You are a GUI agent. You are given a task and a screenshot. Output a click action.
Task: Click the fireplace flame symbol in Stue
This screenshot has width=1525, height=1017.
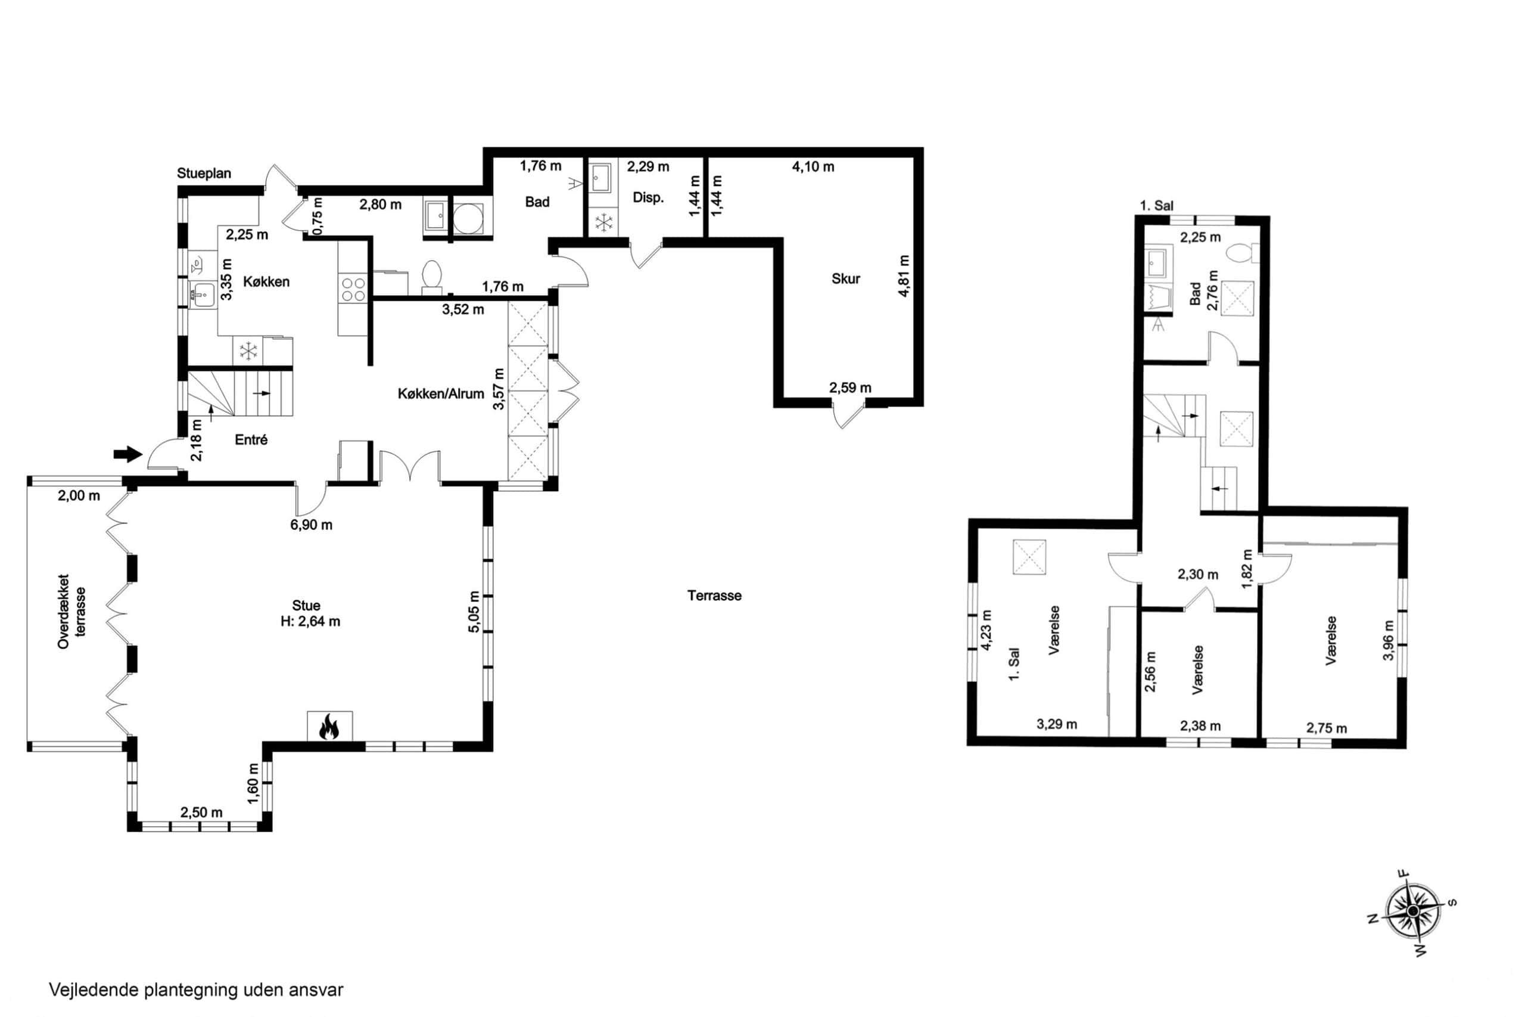pyautogui.click(x=329, y=727)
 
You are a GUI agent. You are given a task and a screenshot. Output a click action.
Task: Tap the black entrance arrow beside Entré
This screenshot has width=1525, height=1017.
pyautogui.click(x=127, y=454)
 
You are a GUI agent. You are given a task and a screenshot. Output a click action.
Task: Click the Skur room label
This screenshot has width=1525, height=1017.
pyautogui.click(x=846, y=279)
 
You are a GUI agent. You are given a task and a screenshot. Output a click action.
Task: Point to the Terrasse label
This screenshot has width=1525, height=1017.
pyautogui.click(x=714, y=596)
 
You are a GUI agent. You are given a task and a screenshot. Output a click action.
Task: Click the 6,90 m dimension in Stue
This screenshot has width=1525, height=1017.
pyautogui.click(x=312, y=525)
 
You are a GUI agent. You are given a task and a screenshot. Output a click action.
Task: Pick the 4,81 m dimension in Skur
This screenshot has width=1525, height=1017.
pyautogui.click(x=904, y=275)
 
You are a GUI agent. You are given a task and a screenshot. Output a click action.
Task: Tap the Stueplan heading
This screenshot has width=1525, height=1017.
pyautogui.click(x=204, y=174)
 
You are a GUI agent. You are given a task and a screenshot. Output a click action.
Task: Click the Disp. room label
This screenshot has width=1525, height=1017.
pyautogui.click(x=648, y=198)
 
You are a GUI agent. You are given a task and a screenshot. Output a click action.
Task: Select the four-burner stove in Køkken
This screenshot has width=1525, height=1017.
pyautogui.click(x=353, y=289)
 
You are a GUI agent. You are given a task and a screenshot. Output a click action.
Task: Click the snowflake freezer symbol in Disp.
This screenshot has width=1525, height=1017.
pyautogui.click(x=604, y=223)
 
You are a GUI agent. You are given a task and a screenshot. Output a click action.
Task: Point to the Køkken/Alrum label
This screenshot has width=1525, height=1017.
pyautogui.click(x=441, y=393)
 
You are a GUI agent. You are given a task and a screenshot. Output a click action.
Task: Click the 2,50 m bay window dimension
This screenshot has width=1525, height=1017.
pyautogui.click(x=201, y=812)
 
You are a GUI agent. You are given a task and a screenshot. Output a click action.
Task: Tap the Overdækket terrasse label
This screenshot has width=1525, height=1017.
pyautogui.click(x=72, y=610)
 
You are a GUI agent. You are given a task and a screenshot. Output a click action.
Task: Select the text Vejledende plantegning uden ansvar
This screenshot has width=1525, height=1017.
pyautogui.click(x=197, y=990)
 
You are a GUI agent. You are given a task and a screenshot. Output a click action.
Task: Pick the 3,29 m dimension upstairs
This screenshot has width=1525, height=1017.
pyautogui.click(x=1056, y=724)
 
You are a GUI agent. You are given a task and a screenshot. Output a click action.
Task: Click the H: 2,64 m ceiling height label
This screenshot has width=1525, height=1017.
pyautogui.click(x=310, y=621)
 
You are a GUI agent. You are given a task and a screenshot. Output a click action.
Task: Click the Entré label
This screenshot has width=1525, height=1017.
pyautogui.click(x=251, y=440)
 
